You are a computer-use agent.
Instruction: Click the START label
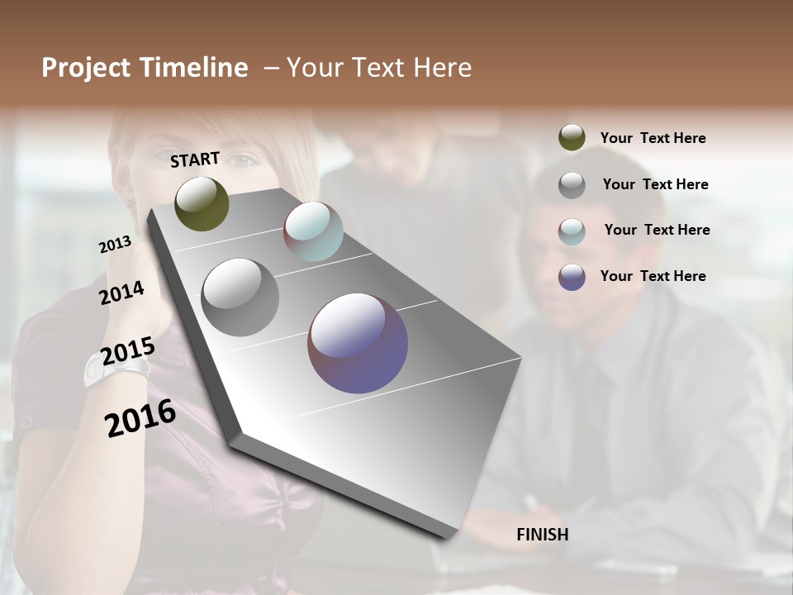click(195, 159)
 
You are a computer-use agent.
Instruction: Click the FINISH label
click(542, 535)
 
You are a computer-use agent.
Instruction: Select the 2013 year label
click(115, 245)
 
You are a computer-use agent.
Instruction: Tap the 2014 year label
click(122, 293)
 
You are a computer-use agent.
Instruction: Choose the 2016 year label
click(140, 417)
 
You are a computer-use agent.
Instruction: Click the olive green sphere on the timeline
click(202, 203)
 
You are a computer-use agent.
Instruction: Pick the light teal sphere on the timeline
click(313, 231)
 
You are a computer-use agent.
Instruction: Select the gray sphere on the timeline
click(240, 297)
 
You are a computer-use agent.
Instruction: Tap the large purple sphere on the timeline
click(358, 343)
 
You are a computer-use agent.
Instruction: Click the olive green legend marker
click(572, 138)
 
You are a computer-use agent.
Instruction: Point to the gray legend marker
click(572, 185)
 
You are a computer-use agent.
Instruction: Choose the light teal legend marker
click(572, 231)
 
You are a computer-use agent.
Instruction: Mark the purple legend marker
click(572, 277)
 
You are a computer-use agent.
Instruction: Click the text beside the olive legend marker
click(653, 139)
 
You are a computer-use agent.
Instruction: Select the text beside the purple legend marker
click(653, 276)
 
